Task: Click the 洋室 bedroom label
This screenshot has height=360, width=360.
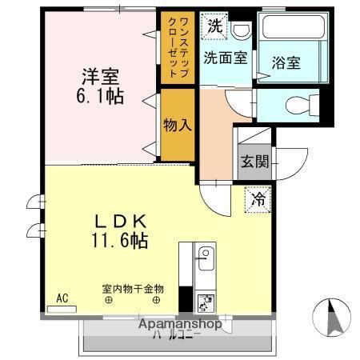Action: click(100, 78)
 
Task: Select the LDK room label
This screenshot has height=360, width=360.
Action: click(121, 220)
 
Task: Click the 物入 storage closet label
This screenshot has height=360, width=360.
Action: click(177, 124)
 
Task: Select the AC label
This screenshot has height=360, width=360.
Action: click(62, 298)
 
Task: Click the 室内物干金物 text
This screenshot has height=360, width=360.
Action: click(133, 288)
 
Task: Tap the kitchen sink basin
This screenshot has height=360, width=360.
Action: click(203, 257)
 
